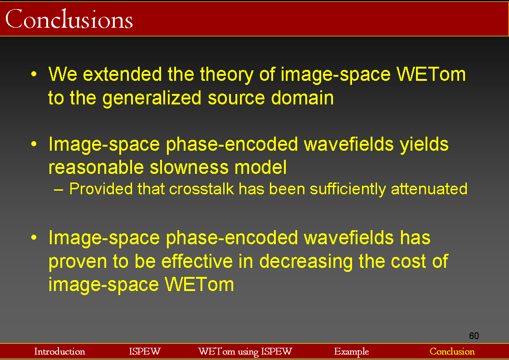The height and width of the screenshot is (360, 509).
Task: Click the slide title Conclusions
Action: point(69,19)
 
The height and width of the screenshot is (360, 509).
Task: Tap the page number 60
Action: point(474,335)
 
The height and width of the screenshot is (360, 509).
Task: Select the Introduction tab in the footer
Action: point(59,351)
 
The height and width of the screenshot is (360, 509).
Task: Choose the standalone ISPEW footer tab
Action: point(145,351)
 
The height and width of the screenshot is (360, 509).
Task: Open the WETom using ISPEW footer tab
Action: point(245,351)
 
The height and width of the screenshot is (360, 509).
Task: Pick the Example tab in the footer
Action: point(352,351)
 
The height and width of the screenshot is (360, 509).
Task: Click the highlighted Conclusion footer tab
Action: point(452,351)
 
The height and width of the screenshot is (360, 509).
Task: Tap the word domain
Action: point(302,98)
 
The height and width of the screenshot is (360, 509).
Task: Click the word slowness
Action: point(189,168)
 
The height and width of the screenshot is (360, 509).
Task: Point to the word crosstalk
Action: point(201,189)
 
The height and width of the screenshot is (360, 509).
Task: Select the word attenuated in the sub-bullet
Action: point(429,189)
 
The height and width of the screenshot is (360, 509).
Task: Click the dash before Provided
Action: point(59,190)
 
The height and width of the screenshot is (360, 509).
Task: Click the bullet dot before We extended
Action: point(34,74)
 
